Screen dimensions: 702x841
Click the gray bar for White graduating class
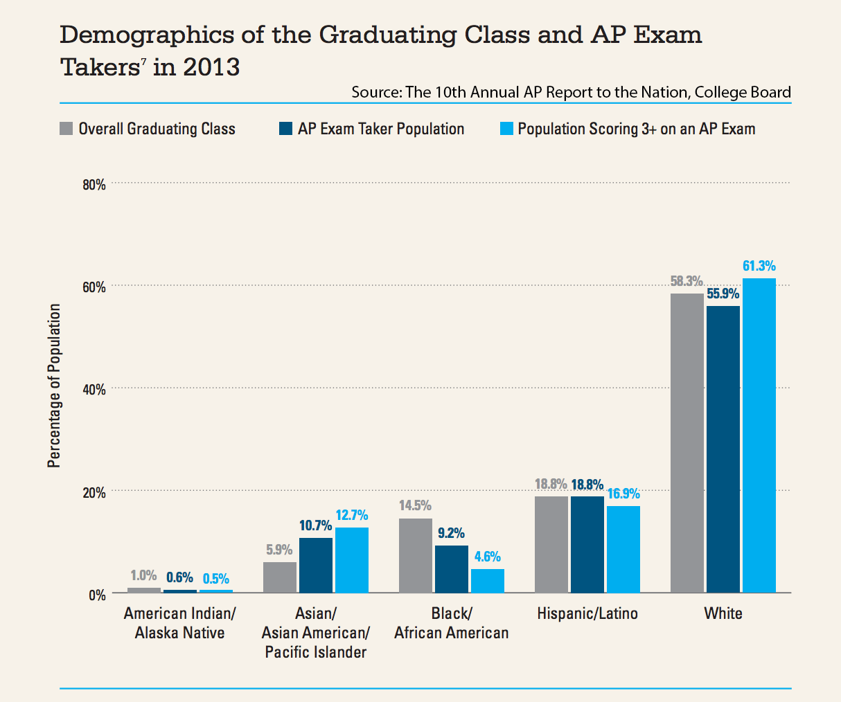click(x=687, y=443)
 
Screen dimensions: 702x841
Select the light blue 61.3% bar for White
click(x=759, y=435)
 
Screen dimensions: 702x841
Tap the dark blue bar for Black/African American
click(x=451, y=569)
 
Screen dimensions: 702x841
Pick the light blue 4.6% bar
click(x=487, y=581)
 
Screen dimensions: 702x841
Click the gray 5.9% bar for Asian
click(x=280, y=577)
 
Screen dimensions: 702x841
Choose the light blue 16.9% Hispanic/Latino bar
click(x=623, y=549)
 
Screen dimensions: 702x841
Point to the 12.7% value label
click(x=351, y=516)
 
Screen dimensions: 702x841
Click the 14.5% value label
click(x=415, y=505)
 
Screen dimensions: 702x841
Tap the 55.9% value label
click(x=723, y=294)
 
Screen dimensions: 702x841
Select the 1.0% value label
click(x=143, y=575)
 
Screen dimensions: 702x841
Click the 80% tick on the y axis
click(x=94, y=184)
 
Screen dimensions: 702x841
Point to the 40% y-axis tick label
click(x=94, y=390)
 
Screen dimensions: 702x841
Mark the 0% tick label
click(x=97, y=595)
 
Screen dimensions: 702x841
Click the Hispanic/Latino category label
click(x=587, y=613)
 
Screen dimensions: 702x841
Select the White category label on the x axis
click(x=723, y=613)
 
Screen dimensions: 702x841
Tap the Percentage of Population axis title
click(x=54, y=386)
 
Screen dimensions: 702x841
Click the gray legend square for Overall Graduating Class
click(x=67, y=129)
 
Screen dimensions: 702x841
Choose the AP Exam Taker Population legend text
click(x=381, y=129)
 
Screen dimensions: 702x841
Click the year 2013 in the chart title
click(x=211, y=67)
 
